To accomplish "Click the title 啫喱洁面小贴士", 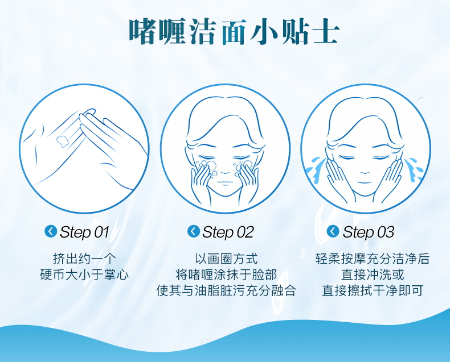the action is pyautogui.click(x=234, y=31).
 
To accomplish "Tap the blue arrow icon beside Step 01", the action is pyautogui.click(x=51, y=231).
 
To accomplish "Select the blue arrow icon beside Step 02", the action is pyautogui.click(x=194, y=231).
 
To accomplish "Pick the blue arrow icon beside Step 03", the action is pyautogui.click(x=333, y=231).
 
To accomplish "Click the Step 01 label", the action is pyautogui.click(x=85, y=232).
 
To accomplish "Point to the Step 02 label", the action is pyautogui.click(x=228, y=232).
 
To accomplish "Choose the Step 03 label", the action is pyautogui.click(x=368, y=232).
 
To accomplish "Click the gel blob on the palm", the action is pyautogui.click(x=63, y=140).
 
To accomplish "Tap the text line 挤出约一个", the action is pyautogui.click(x=84, y=259).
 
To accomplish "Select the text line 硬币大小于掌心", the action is pyautogui.click(x=84, y=274).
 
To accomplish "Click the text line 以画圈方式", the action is pyautogui.click(x=226, y=259).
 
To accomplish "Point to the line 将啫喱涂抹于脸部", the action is pyautogui.click(x=226, y=274).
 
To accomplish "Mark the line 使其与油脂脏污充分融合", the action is pyautogui.click(x=226, y=290).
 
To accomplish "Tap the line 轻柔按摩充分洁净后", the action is pyautogui.click(x=373, y=259).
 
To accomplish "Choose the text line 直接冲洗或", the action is pyautogui.click(x=373, y=274).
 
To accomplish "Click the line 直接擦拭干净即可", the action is pyautogui.click(x=373, y=290).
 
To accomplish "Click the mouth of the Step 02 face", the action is pyautogui.click(x=226, y=182).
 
